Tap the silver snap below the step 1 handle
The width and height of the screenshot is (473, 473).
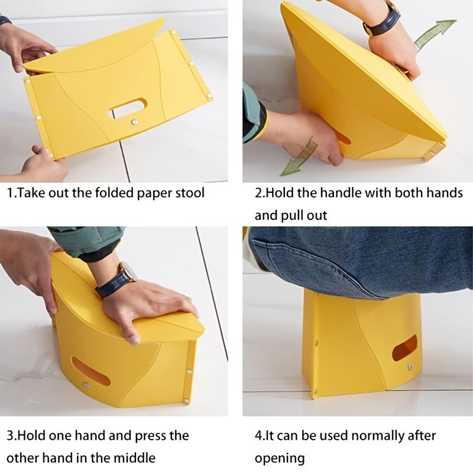[134, 122]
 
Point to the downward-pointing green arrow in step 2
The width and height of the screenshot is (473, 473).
[299, 156]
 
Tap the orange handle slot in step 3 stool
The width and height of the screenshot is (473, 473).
[91, 371]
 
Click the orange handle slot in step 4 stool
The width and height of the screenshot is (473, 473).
[405, 348]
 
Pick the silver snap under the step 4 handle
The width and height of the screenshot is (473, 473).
[410, 367]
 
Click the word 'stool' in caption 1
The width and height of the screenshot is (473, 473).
[190, 193]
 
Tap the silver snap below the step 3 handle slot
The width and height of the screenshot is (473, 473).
[86, 385]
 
